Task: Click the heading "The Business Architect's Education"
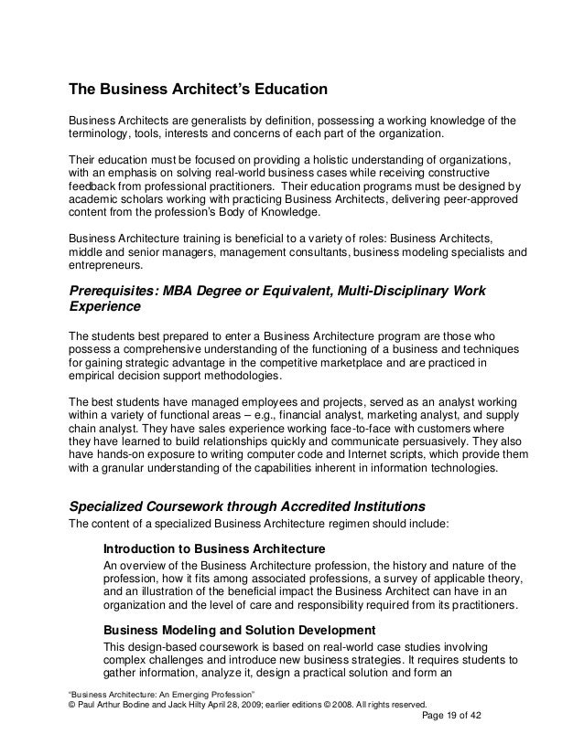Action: pos(198,91)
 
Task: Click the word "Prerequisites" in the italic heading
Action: pos(110,292)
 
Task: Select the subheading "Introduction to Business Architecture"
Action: pos(214,549)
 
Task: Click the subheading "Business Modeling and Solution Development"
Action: pos(238,630)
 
